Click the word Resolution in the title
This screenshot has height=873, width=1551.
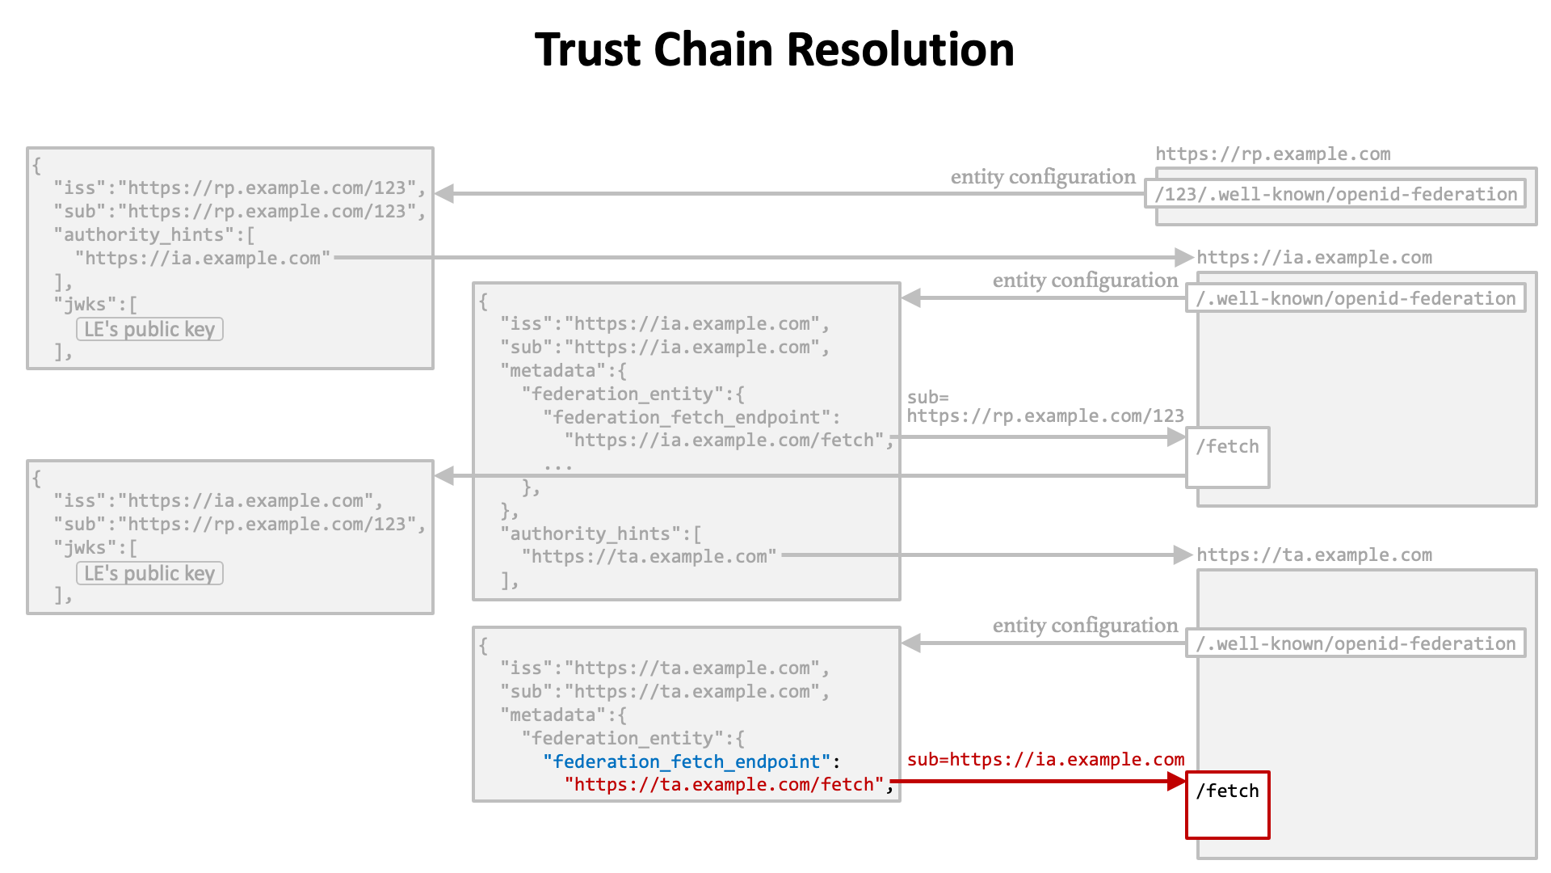tap(900, 50)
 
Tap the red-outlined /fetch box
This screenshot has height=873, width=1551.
tap(1228, 805)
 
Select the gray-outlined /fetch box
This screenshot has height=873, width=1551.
tap(1228, 458)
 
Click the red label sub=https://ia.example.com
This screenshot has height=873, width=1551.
tap(1045, 760)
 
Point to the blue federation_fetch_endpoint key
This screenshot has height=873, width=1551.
tap(687, 761)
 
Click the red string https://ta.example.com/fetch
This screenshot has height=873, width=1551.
tap(725, 785)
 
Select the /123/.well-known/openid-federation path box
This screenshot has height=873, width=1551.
tap(1336, 194)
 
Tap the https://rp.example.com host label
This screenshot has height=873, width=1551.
tap(1273, 154)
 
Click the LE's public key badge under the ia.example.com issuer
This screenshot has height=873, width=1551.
tap(149, 574)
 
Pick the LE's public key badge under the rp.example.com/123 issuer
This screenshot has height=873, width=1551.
tap(149, 330)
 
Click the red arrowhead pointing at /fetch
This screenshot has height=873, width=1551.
tap(1176, 782)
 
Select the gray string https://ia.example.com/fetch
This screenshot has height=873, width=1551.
tap(725, 441)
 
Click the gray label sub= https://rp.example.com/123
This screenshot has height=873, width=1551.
tap(1045, 407)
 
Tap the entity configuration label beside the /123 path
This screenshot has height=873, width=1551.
tap(1043, 177)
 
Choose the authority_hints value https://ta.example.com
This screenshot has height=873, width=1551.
tap(649, 557)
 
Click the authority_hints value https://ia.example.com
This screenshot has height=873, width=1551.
tap(203, 259)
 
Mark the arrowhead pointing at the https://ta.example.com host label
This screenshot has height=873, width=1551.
tap(1183, 555)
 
